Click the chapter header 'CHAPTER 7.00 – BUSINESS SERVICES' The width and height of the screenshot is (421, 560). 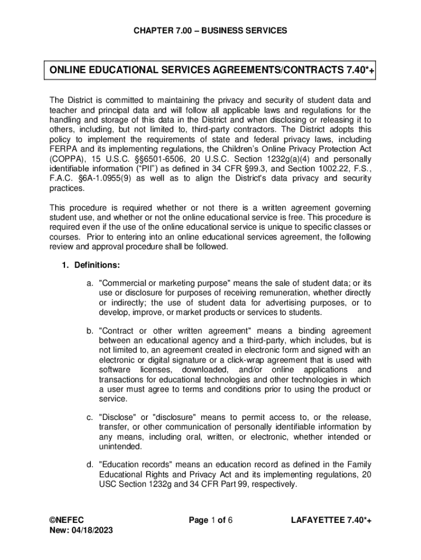[210, 31]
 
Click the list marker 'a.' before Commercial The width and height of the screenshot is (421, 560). [90, 283]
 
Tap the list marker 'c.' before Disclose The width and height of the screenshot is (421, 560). [90, 418]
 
